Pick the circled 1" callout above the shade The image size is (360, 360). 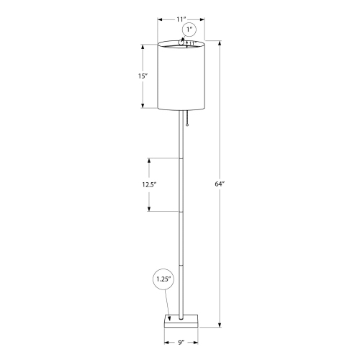tap(189, 30)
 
